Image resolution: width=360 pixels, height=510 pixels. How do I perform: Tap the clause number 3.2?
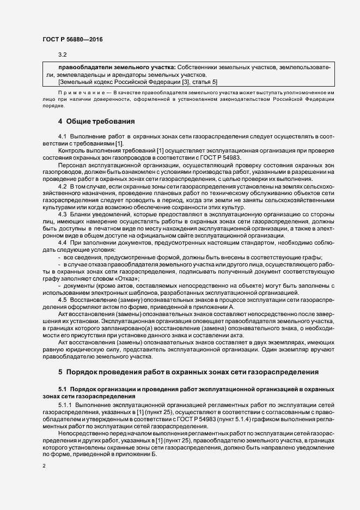62,54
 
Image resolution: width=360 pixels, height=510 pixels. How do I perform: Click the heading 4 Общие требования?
96,120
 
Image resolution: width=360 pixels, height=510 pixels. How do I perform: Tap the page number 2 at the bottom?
44,467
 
